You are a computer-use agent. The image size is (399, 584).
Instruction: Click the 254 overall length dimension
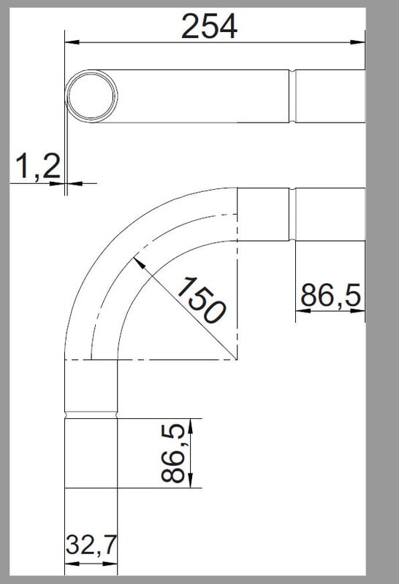tap(209, 26)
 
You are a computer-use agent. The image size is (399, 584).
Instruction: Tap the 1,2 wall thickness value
tap(38, 166)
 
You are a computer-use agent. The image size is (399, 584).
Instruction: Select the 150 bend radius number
tap(201, 300)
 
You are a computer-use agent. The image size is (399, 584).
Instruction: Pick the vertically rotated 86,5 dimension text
tap(173, 453)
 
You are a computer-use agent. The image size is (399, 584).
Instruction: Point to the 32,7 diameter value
tap(91, 545)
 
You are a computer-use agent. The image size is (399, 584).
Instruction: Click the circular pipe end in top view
tap(91, 96)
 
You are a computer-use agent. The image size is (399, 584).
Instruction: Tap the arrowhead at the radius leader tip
tap(139, 263)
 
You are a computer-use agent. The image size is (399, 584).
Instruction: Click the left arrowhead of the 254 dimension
tap(72, 42)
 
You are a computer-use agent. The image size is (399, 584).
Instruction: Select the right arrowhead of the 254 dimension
tap(357, 42)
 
